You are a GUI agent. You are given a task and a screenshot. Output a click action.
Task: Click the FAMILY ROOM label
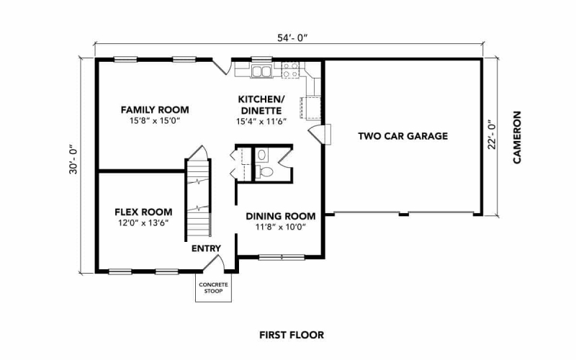click(x=155, y=109)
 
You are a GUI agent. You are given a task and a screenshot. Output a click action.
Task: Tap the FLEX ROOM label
click(x=143, y=212)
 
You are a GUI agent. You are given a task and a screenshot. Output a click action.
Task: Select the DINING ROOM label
click(x=281, y=216)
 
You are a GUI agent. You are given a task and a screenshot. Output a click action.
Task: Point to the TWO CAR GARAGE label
click(x=403, y=136)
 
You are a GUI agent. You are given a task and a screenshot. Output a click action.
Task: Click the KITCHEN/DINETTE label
click(x=261, y=104)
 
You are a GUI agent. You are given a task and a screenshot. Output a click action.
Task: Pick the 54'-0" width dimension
click(x=292, y=38)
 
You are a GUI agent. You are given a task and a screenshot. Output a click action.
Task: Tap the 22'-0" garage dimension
click(x=492, y=135)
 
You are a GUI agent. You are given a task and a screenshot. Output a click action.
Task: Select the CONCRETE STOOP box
click(x=213, y=287)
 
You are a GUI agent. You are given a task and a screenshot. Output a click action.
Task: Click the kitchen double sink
click(x=261, y=71)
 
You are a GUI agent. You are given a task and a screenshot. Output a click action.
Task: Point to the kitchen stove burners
click(x=290, y=70)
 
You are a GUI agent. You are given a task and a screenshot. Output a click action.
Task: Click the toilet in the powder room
click(x=264, y=171)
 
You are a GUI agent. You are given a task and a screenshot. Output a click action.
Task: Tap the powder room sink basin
click(x=261, y=155)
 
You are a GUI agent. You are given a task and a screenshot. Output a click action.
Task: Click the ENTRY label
click(x=206, y=248)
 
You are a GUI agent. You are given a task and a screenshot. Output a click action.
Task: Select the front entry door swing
click(x=215, y=263)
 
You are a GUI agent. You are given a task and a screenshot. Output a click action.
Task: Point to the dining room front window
click(x=282, y=258)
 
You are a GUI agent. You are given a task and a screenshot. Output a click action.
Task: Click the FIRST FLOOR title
click(x=292, y=335)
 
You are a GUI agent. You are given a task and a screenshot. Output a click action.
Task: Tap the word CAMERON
click(x=517, y=138)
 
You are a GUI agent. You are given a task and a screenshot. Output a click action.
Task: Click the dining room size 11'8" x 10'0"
click(x=281, y=227)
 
